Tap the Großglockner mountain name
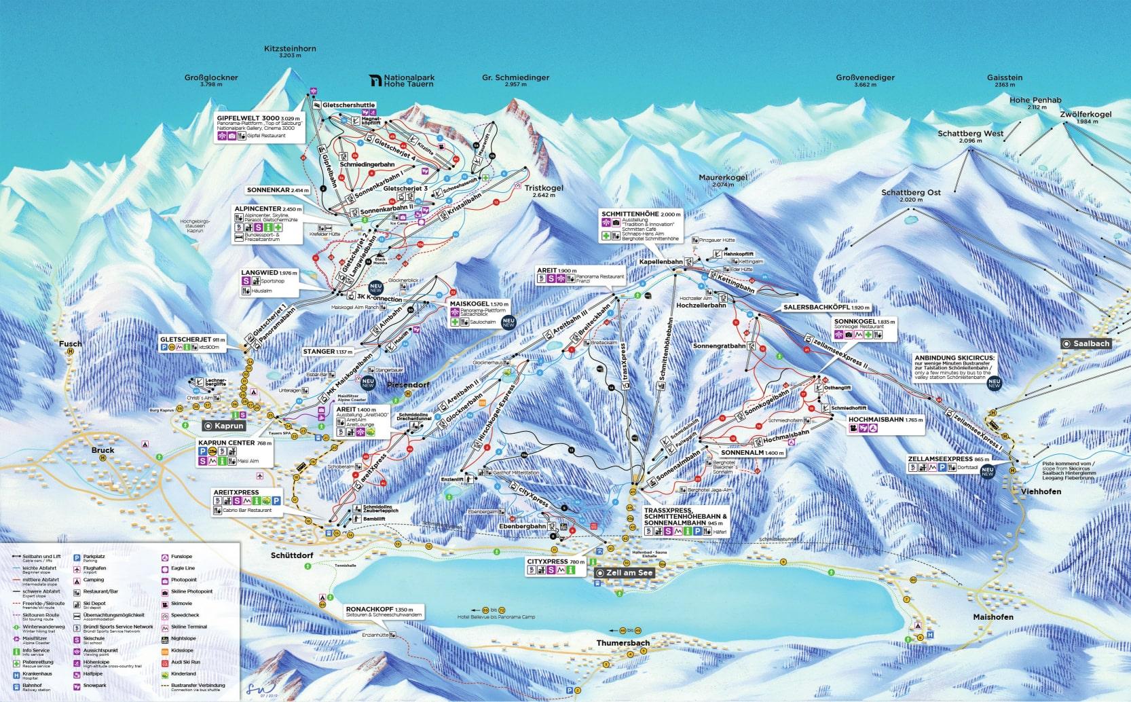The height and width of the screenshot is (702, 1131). [x=211, y=77]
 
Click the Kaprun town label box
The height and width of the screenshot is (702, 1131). [x=223, y=426]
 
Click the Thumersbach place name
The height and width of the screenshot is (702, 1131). [x=623, y=642]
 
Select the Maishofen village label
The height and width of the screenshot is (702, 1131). [x=992, y=617]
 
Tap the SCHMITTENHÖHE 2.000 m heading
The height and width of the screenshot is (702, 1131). [x=640, y=214]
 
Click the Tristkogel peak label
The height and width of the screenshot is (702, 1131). [x=544, y=188]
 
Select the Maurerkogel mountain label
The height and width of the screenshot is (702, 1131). [x=723, y=177]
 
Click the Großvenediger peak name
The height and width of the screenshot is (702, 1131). [x=865, y=77]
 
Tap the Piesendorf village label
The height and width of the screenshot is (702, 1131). [x=408, y=385]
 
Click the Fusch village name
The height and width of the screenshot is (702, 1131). [x=70, y=344]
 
